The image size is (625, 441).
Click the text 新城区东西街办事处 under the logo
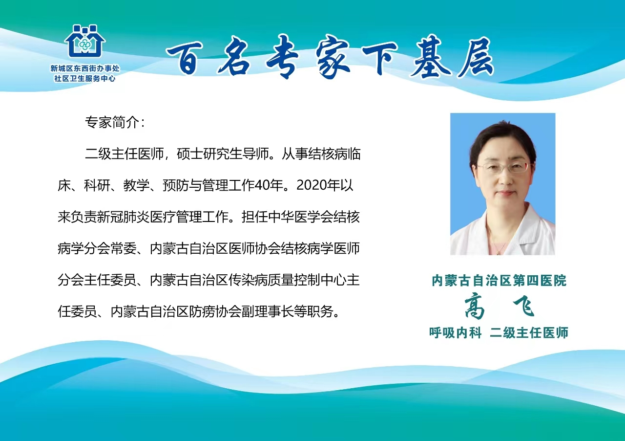85,68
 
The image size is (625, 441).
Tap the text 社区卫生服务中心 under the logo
85,79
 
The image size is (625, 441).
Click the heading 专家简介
115,122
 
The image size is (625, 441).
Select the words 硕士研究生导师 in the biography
223,154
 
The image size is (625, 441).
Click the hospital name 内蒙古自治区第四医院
499,281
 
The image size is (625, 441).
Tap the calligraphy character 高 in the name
475,306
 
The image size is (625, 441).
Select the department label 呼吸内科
456,332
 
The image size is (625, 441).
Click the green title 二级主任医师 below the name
529,332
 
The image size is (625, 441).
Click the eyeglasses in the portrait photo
502,168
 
